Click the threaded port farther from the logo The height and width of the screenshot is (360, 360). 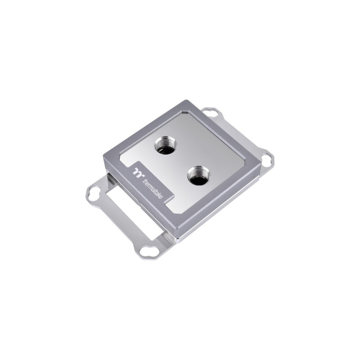click(x=166, y=146)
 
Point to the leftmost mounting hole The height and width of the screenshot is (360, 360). click(x=93, y=195)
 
